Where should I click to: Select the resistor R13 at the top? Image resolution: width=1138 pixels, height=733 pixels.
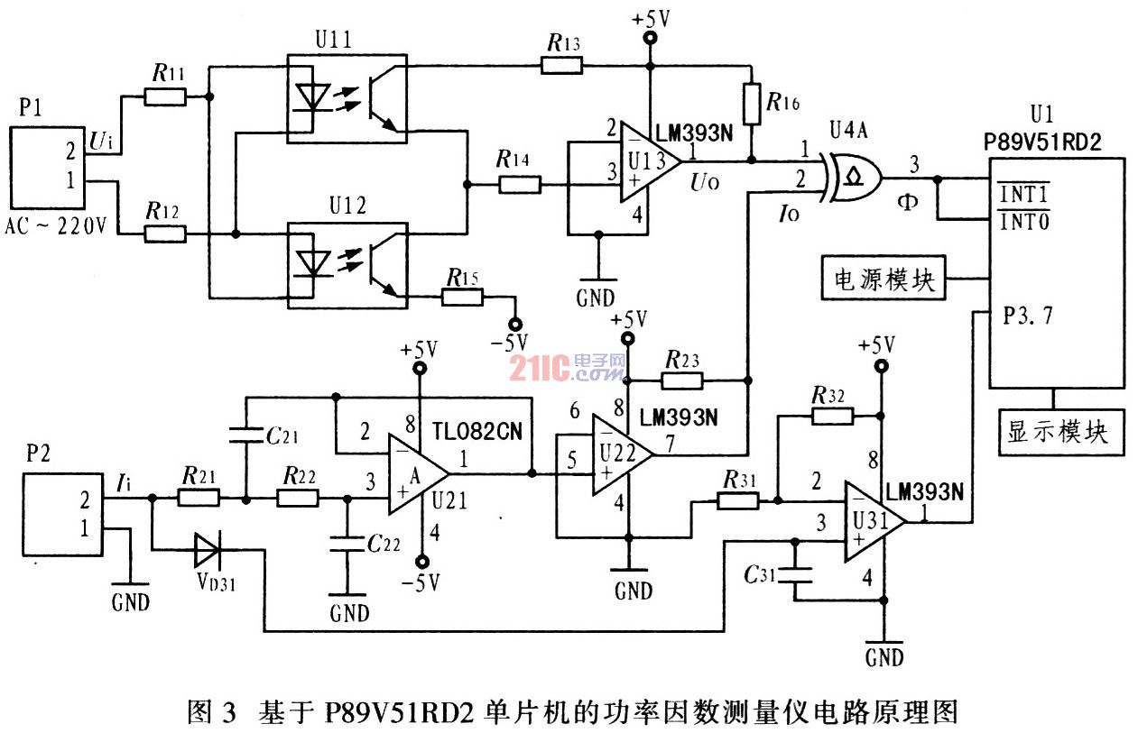(x=561, y=65)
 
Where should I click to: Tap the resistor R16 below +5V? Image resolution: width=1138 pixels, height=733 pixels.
(x=751, y=104)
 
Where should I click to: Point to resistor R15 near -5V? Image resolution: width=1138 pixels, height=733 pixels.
(x=463, y=295)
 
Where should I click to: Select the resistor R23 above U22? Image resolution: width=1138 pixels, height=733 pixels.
(x=681, y=380)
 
